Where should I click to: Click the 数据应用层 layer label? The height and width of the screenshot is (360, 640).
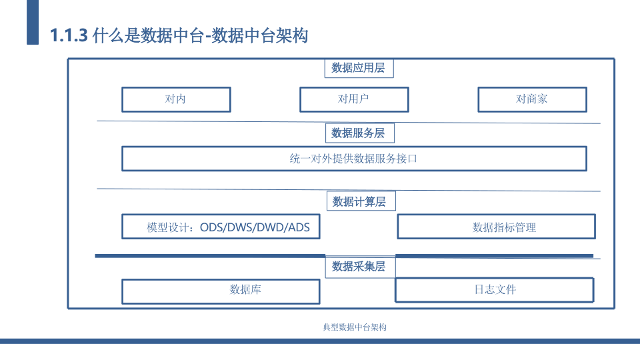tap(359, 68)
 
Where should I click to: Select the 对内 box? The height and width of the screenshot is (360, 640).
tap(176, 99)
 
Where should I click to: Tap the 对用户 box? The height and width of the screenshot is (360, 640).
tap(354, 99)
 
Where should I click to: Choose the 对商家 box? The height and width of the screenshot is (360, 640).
tap(533, 99)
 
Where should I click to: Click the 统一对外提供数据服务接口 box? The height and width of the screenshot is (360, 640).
tap(354, 159)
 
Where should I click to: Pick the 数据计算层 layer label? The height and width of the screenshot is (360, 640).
tap(361, 201)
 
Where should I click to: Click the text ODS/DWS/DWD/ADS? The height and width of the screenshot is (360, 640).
tap(255, 227)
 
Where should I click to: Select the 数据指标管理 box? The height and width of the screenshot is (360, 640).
tap(496, 227)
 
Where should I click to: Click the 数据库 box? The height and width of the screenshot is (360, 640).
tap(221, 291)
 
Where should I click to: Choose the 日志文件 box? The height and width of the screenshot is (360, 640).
tap(495, 290)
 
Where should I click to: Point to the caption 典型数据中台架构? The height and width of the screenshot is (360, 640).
tap(355, 327)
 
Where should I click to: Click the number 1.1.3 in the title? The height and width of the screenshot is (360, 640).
tap(69, 35)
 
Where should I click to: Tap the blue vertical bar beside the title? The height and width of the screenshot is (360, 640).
tap(33, 22)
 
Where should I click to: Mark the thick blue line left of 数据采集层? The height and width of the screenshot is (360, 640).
tap(210, 256)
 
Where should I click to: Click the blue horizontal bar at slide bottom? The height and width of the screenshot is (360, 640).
tap(320, 341)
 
